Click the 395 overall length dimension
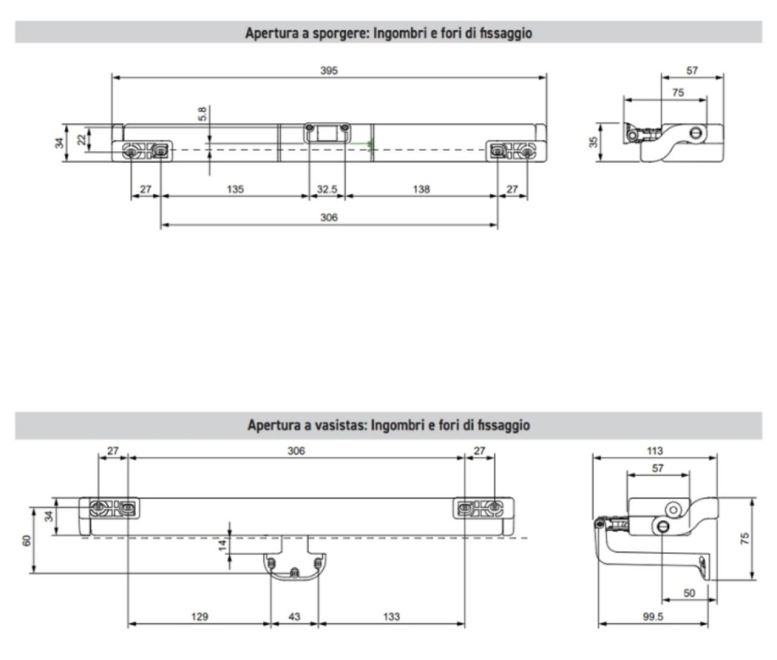[x=329, y=70]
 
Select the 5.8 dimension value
[x=202, y=114]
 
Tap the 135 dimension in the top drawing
[x=235, y=189]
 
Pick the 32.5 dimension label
[x=327, y=189]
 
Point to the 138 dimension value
[x=421, y=189]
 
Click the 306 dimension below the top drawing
[x=329, y=217]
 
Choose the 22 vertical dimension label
[x=81, y=140]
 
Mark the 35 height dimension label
[x=594, y=142]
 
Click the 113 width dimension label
[x=654, y=450]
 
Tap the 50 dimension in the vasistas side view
[x=689, y=593]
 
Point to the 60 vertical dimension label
[x=27, y=540]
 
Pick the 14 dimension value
[x=223, y=545]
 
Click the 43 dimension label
[x=294, y=617]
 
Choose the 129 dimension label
[x=199, y=617]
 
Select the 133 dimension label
[x=392, y=617]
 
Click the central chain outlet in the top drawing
[x=327, y=133]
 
